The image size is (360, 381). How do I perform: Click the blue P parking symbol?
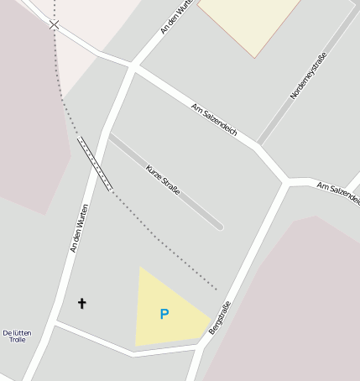tap(164, 314)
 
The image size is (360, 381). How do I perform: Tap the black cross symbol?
tap(82, 303)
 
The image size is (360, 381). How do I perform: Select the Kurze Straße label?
tap(163, 180)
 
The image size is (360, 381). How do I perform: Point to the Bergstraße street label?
tap(219, 318)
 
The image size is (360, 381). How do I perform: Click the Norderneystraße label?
tap(308, 76)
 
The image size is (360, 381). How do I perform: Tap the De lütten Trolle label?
tap(17, 337)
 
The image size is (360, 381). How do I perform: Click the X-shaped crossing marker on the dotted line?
tap(55, 25)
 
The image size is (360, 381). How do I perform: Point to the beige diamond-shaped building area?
tap(250, 20)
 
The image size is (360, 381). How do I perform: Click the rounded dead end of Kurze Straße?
tap(218, 225)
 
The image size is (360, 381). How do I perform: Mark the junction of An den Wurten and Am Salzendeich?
tap(132, 66)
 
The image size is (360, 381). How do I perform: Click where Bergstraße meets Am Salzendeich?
tap(287, 181)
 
